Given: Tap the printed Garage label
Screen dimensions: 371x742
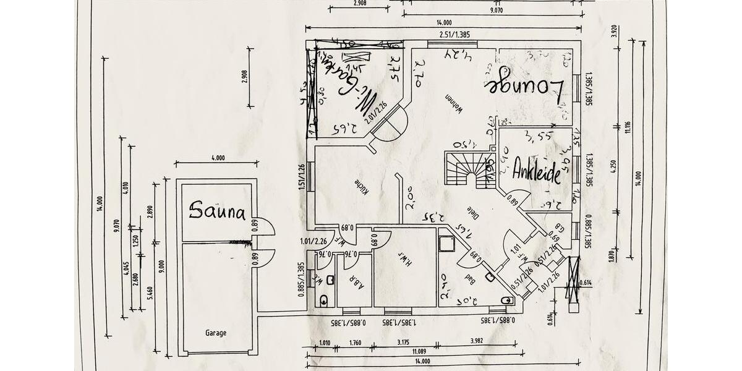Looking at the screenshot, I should (x=216, y=333).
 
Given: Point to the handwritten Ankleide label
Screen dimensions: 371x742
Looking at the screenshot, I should (x=537, y=169).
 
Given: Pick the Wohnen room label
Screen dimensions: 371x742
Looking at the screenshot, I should (x=458, y=106).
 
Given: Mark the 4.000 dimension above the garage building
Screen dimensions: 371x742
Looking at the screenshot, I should (x=217, y=158).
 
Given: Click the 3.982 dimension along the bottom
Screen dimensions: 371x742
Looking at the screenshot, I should (x=476, y=341).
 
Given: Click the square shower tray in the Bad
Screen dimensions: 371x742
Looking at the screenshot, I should (x=446, y=244).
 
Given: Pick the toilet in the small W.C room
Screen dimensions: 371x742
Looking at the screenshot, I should (x=324, y=301).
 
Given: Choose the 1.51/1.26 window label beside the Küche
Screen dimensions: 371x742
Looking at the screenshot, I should (x=302, y=177).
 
